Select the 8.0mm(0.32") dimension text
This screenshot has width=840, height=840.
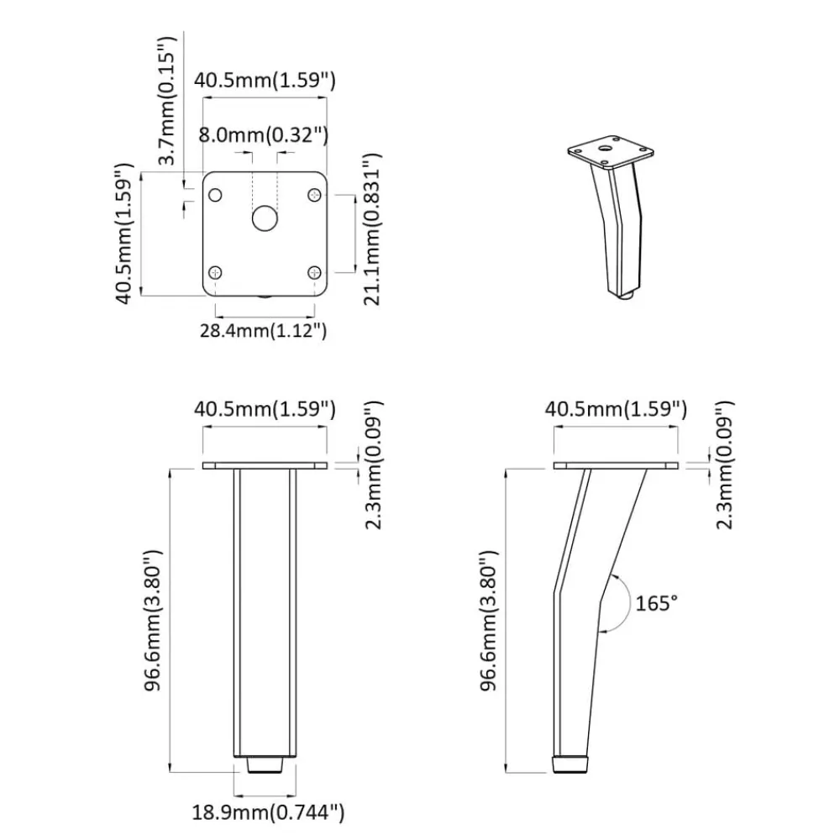click(264, 134)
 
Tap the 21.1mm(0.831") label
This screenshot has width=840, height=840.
click(372, 229)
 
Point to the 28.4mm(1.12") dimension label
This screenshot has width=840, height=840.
click(264, 330)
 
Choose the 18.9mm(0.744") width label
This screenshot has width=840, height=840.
click(269, 812)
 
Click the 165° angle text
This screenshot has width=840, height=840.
click(656, 603)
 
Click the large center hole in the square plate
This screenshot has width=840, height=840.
click(265, 218)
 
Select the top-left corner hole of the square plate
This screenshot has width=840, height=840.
click(215, 195)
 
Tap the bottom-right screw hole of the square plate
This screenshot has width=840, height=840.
click(314, 273)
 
